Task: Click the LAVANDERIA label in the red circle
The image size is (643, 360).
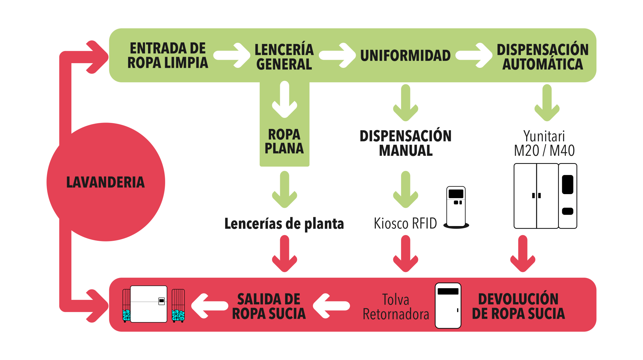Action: [x=105, y=182]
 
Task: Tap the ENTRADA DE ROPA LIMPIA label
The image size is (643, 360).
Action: [x=167, y=56]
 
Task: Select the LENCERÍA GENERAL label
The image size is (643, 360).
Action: [x=284, y=57]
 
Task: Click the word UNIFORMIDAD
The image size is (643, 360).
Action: [x=405, y=56]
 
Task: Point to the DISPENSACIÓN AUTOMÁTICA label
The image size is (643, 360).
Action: [x=542, y=57]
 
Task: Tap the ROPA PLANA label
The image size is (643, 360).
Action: [x=284, y=141]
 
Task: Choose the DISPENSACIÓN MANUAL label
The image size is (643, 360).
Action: [x=405, y=143]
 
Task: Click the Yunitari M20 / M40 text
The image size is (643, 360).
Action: [x=544, y=143]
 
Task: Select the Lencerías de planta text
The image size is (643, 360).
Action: [x=284, y=224]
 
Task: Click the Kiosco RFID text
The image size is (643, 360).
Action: [x=405, y=224]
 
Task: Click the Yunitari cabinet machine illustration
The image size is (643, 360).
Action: [x=545, y=196]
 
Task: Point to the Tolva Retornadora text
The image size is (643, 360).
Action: [x=396, y=307]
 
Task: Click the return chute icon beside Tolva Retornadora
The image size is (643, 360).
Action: [x=448, y=305]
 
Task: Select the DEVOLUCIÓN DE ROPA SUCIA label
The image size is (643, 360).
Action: [x=518, y=306]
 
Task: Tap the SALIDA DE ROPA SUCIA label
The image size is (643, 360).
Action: [x=268, y=306]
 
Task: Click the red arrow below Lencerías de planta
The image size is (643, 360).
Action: [x=285, y=254]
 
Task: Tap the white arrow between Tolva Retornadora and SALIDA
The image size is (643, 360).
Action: [x=331, y=306]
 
